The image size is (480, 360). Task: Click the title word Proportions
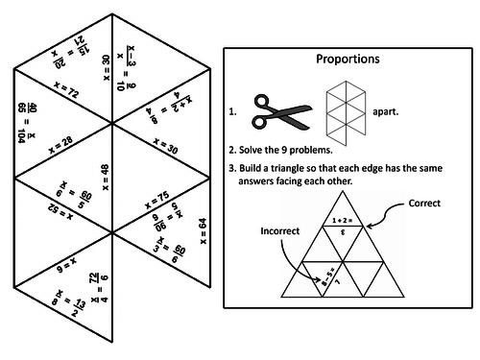[x=348, y=59]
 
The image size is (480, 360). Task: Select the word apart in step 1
[x=384, y=111]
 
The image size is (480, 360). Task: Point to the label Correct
[x=424, y=204]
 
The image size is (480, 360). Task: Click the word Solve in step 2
[x=252, y=151]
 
